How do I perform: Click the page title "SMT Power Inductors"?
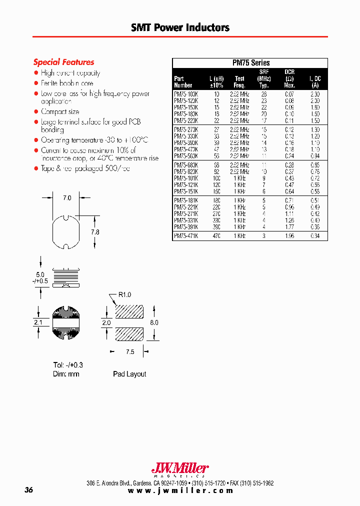pyautogui.click(x=180, y=27)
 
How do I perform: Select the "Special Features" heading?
pyautogui.click(x=63, y=62)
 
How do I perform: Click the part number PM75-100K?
pyautogui.click(x=186, y=93)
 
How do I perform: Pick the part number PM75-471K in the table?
pyautogui.click(x=186, y=236)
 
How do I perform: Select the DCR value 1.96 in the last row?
pyautogui.click(x=289, y=236)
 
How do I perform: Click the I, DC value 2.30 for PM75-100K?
pyautogui.click(x=314, y=93)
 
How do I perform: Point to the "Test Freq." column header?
pyautogui.click(x=239, y=81)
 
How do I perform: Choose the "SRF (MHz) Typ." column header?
pyautogui.click(x=264, y=78)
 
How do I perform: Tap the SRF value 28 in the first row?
pyautogui.click(x=264, y=93)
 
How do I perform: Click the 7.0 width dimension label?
pyautogui.click(x=67, y=198)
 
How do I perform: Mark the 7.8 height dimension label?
pyautogui.click(x=95, y=231)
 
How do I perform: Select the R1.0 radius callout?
pyautogui.click(x=124, y=295)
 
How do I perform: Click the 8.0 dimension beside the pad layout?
pyautogui.click(x=154, y=322)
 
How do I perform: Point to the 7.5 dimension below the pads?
pyautogui.click(x=130, y=352)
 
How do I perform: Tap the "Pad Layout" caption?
pyautogui.click(x=129, y=374)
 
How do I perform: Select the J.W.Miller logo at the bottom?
pyautogui.click(x=179, y=468)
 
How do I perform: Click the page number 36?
pyautogui.click(x=28, y=490)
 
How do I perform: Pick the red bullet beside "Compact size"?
pyautogui.click(x=36, y=112)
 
